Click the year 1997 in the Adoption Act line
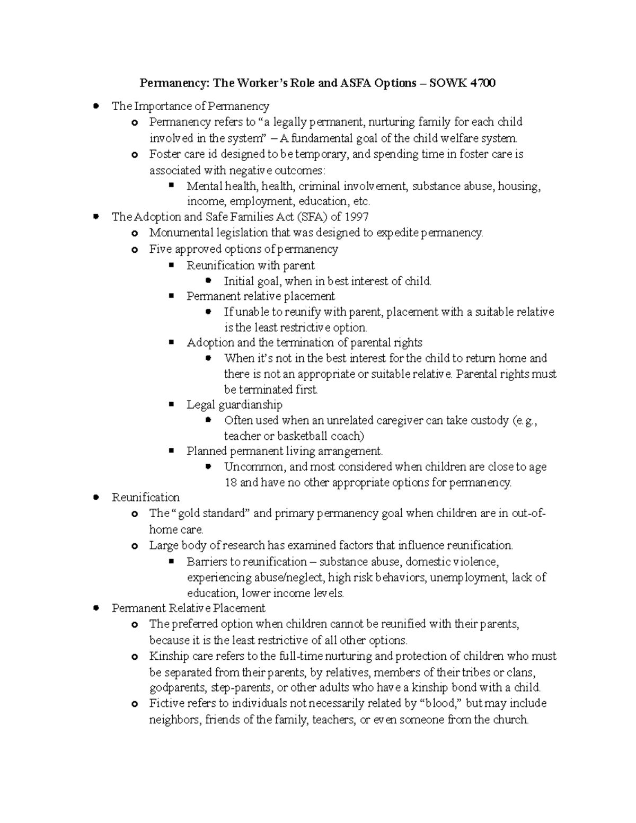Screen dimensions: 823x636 [x=356, y=217]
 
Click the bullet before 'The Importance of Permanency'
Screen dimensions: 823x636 [x=96, y=106]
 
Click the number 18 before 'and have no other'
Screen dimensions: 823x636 [x=231, y=483]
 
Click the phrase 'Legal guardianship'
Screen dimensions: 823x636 [x=234, y=405]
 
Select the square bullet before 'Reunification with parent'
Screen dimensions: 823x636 [x=171, y=265]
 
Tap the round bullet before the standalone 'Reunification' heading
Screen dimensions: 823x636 [x=96, y=498]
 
